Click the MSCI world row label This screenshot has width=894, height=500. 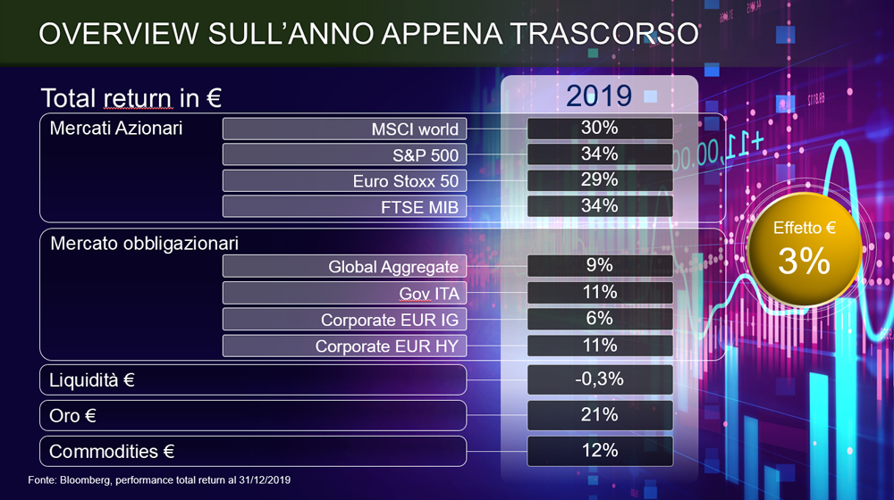coord(415,129)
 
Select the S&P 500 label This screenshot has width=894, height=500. coord(426,154)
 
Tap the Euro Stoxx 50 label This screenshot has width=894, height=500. coord(405,181)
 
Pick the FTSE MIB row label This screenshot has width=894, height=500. coord(419,207)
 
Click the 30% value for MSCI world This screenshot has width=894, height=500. coord(599,129)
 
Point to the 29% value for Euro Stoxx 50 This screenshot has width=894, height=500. coord(599,180)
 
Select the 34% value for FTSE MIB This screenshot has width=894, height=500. coord(599,205)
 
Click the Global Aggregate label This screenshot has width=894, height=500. coord(392,266)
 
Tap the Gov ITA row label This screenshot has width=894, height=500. coord(429,293)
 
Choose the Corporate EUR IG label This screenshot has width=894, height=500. coord(390,320)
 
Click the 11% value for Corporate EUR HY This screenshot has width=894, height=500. coord(599,346)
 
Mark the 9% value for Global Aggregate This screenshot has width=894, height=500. coord(599,265)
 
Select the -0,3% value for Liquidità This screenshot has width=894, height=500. coord(599,379)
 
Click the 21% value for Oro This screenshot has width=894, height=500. coord(599,414)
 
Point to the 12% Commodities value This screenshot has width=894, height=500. coord(599,451)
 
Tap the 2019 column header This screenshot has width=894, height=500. coord(599,96)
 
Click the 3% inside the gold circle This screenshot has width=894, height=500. coord(804,261)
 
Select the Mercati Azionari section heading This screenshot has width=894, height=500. coord(115,129)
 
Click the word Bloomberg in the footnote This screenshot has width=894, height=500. coord(85,480)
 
